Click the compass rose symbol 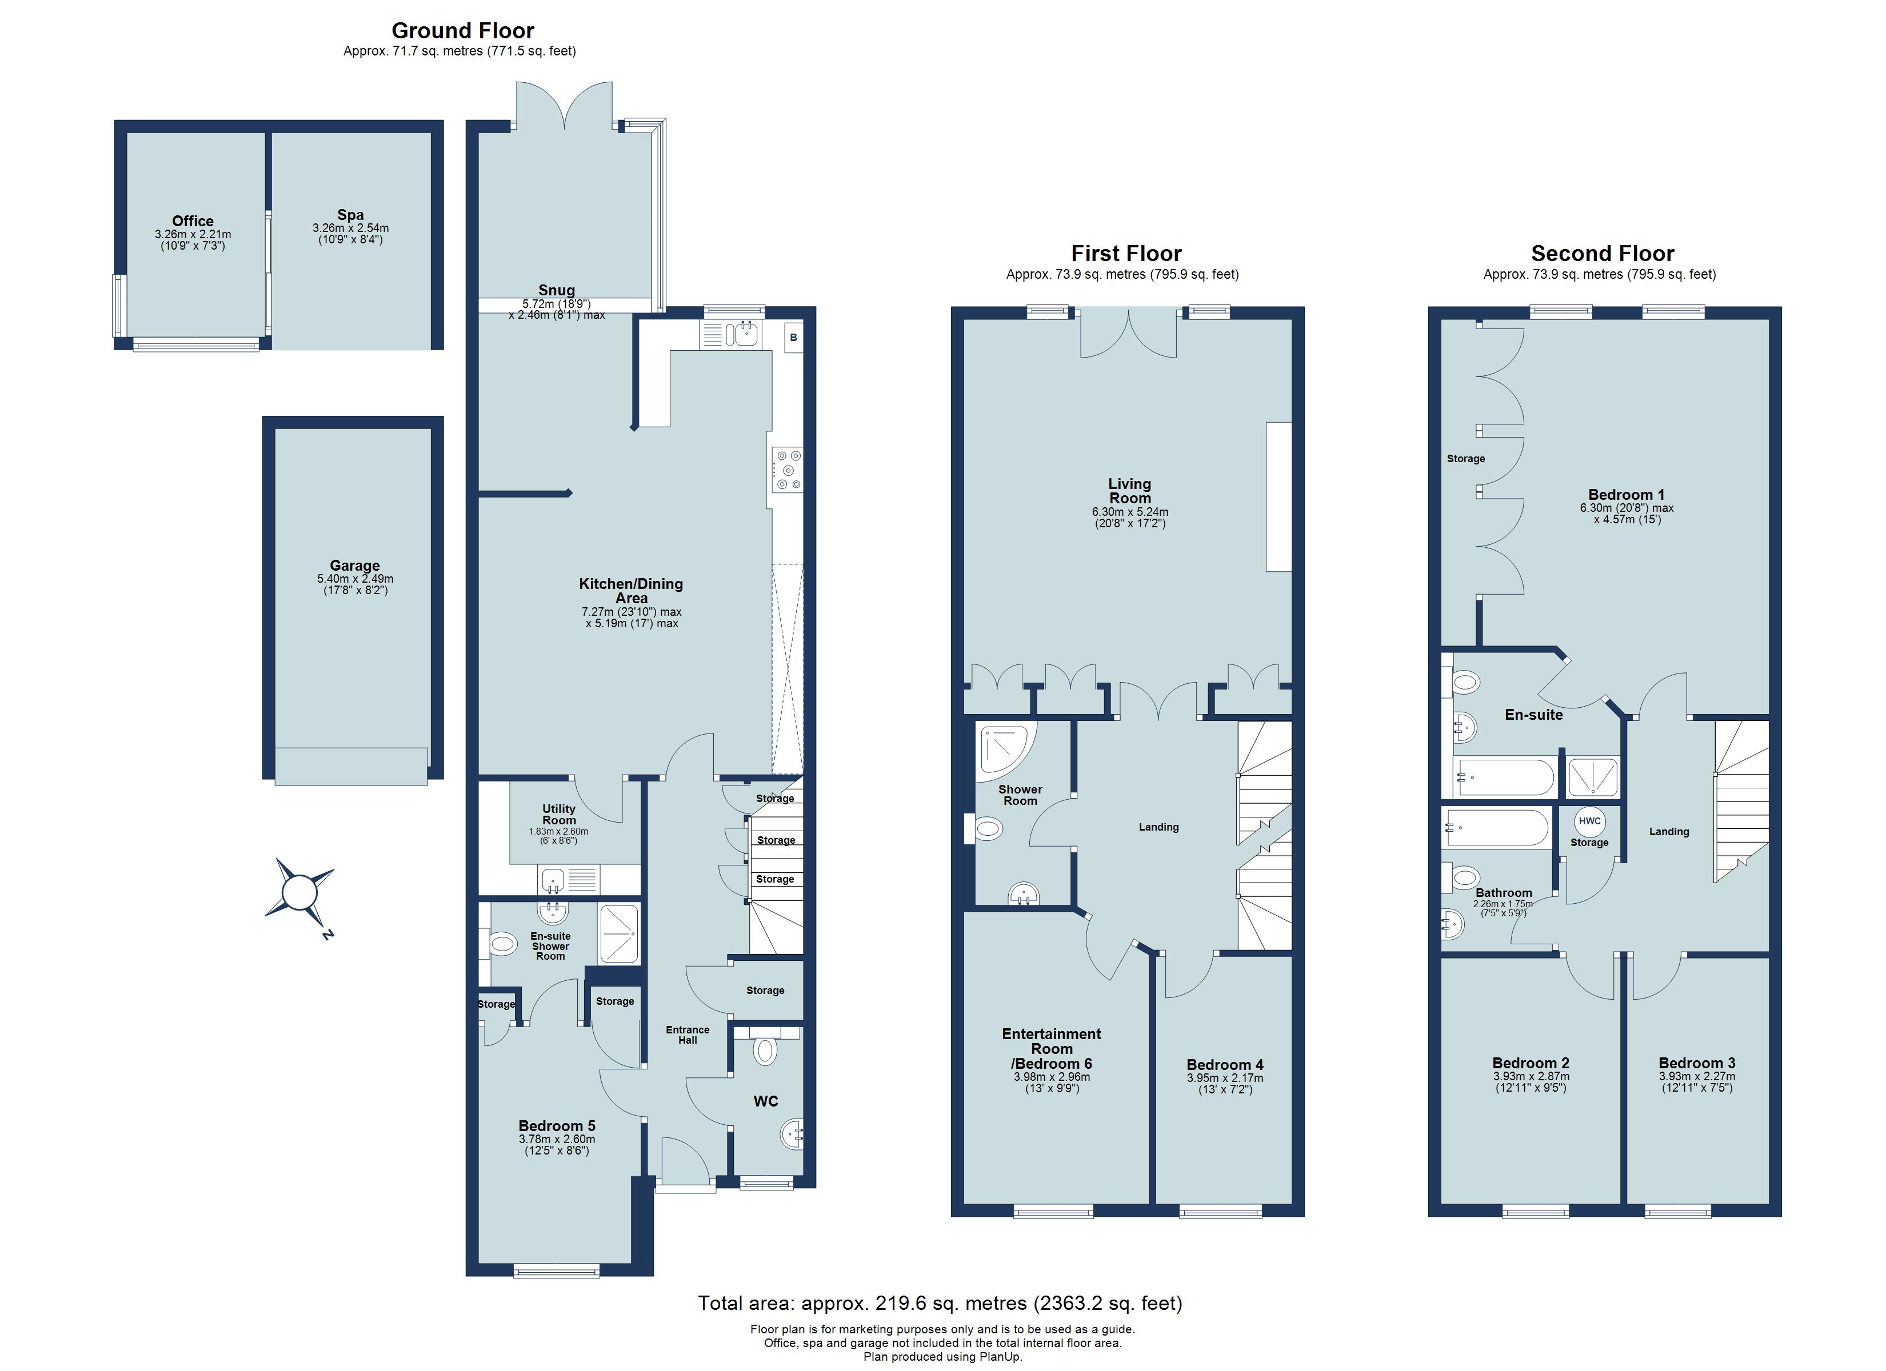point(300,894)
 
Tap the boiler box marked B point(793,338)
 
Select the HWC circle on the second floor point(1589,821)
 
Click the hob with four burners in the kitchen point(786,470)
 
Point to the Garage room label point(354,566)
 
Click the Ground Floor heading point(462,31)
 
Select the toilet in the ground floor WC point(764,1051)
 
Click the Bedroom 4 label point(1224,1065)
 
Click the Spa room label point(350,215)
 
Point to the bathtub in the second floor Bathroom point(1497,828)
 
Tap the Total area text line point(940,1303)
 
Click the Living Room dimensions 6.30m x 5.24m point(1129,512)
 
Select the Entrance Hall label point(687,1035)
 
